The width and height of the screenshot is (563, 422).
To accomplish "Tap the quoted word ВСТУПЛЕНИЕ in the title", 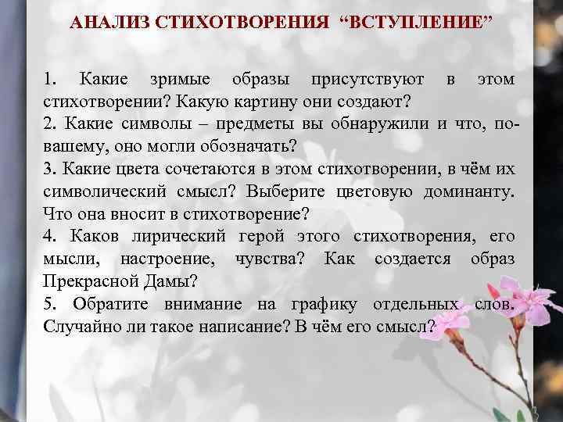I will pos(418,22).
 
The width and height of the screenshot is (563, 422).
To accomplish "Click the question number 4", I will pos(49,236).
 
